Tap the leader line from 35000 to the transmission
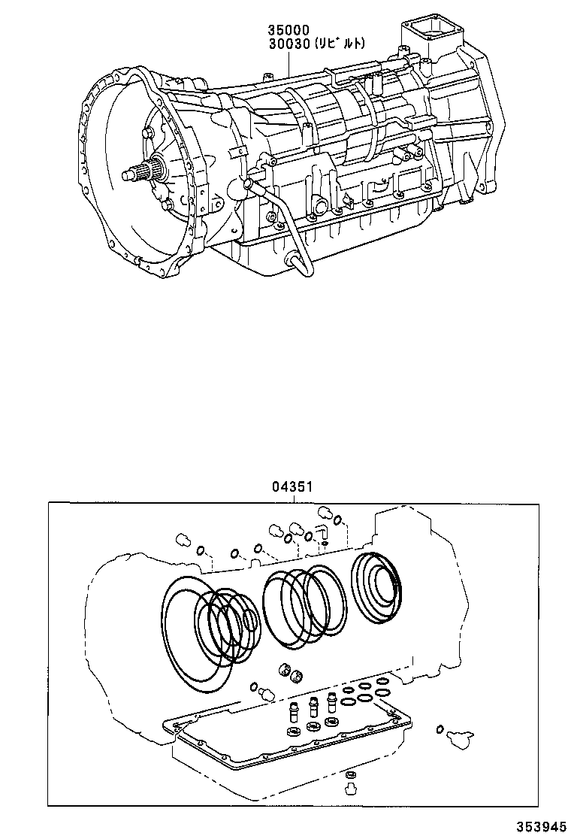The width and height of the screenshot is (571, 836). (x=288, y=62)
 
